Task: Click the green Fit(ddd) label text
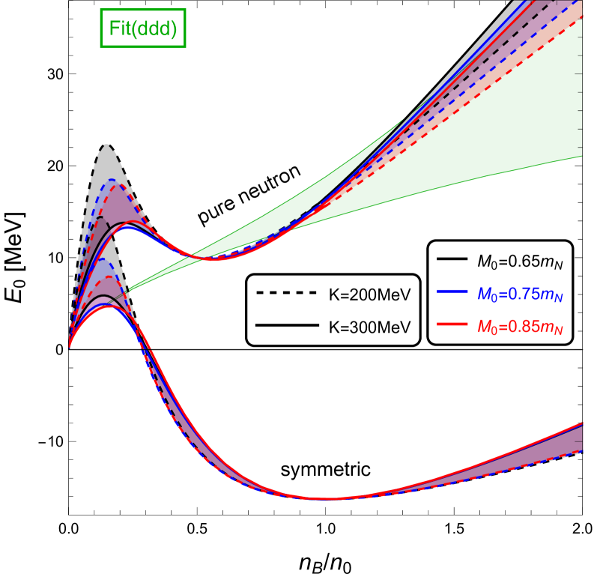pos(142,29)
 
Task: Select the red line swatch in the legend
pos(453,324)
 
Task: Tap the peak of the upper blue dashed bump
pos(112,181)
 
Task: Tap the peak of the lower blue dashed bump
pos(103,262)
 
